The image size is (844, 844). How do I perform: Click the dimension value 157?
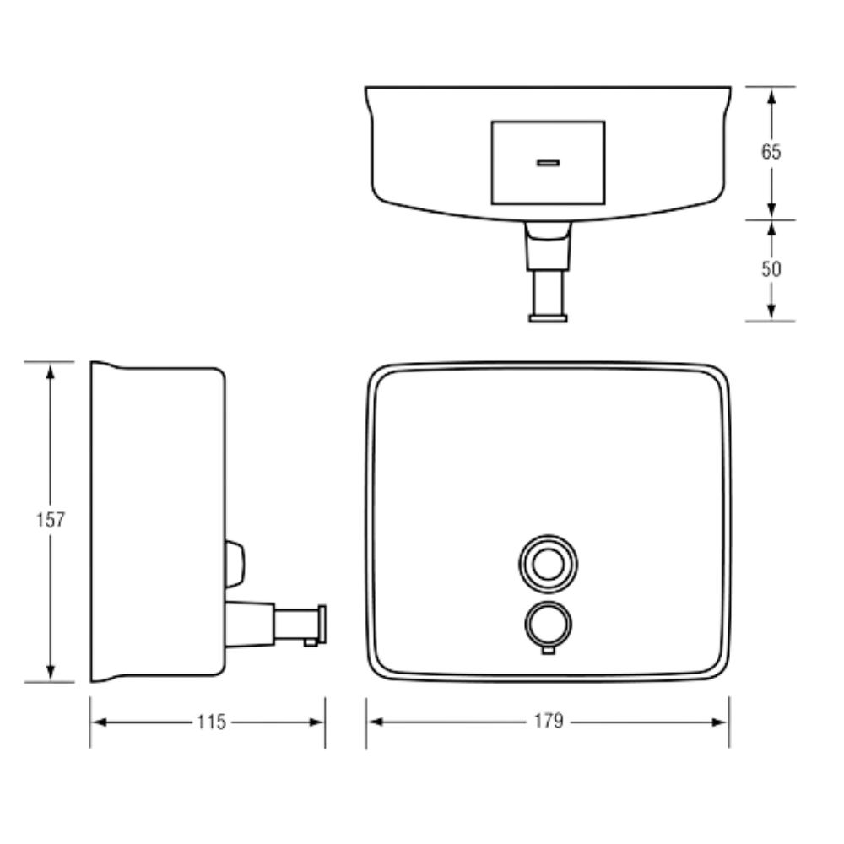[50, 519]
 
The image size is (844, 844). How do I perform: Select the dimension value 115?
[212, 722]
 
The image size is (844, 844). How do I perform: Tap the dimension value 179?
[549, 721]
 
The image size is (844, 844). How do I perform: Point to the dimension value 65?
[771, 152]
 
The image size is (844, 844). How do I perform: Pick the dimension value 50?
[771, 268]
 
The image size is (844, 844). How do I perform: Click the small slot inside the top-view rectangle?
[548, 163]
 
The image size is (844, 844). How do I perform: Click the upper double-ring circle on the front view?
[548, 564]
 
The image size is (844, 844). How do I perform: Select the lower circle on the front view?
[548, 625]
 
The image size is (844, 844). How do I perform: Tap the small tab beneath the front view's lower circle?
[548, 650]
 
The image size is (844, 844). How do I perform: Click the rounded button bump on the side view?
[235, 564]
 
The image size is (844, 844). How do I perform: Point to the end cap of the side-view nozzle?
[322, 624]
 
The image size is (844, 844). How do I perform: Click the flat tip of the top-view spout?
[548, 319]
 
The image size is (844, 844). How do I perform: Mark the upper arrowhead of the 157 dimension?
[50, 371]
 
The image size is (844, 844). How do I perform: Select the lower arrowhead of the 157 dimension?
[50, 673]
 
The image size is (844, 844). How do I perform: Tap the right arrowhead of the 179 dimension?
[719, 722]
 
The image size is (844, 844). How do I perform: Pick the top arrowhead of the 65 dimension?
[771, 96]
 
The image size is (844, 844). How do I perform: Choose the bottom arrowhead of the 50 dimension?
[771, 311]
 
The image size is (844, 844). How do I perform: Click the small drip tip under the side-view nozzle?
[311, 642]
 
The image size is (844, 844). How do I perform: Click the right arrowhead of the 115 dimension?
[316, 722]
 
